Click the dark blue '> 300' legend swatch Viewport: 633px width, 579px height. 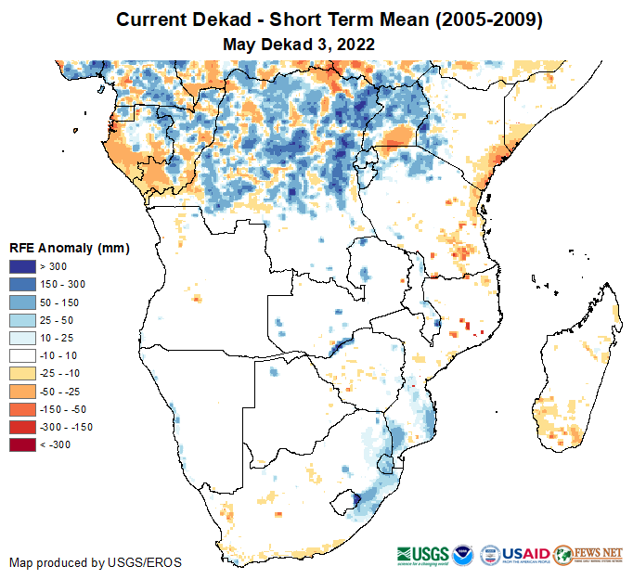(x=22, y=267)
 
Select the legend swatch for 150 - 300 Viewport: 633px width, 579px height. (x=22, y=285)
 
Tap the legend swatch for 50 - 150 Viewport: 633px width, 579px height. (x=22, y=302)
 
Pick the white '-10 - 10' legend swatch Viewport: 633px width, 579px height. (x=22, y=355)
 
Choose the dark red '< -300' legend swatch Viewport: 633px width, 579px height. (x=22, y=444)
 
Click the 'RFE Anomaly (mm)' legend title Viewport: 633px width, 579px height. (x=69, y=248)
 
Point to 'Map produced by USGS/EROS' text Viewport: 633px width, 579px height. (x=96, y=562)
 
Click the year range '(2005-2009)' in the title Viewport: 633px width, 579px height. (x=484, y=19)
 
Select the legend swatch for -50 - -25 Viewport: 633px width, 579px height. (x=22, y=392)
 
